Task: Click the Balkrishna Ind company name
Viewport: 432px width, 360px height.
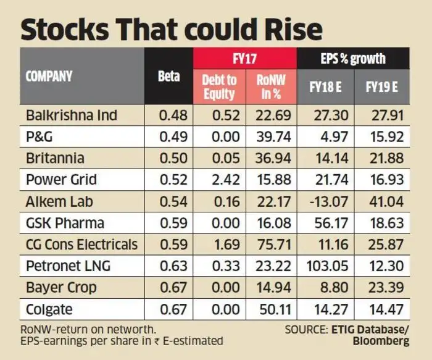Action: [72, 115]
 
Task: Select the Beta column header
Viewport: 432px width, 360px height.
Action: [168, 77]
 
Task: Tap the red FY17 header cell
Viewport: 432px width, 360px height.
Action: [245, 59]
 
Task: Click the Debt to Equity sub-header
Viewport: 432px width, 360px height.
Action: [219, 87]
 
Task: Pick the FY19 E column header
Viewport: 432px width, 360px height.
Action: [381, 87]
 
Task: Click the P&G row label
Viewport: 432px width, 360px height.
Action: [40, 136]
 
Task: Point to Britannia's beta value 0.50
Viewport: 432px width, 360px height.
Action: [168, 158]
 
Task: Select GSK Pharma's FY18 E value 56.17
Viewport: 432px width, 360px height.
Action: [328, 223]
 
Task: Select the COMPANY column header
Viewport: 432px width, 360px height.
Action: [49, 77]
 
